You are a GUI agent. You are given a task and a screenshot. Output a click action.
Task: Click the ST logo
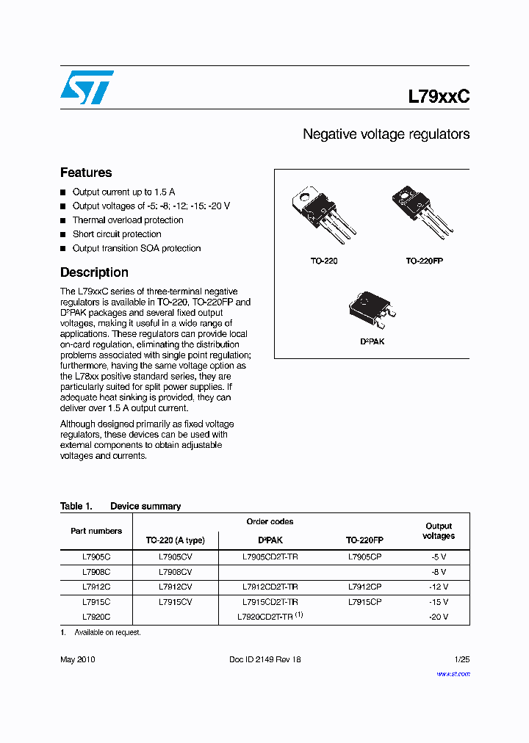tap(87, 87)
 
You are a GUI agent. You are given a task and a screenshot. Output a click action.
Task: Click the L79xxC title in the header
tap(438, 96)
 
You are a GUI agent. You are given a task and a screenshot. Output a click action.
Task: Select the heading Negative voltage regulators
tap(386, 134)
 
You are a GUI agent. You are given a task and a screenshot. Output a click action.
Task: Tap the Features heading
tap(86, 173)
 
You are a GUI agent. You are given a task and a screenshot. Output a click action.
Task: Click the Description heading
tap(94, 272)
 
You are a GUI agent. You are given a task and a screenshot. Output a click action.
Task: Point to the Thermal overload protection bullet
tap(127, 220)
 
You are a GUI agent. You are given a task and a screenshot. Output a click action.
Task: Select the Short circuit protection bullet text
tap(116, 234)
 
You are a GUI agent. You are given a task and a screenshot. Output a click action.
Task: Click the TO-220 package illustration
tap(323, 215)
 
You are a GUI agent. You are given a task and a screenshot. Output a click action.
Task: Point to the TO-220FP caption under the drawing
tap(424, 261)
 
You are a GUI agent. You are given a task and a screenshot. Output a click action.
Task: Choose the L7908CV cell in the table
tap(175, 571)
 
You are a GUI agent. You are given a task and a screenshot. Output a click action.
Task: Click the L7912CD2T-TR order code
tap(270, 587)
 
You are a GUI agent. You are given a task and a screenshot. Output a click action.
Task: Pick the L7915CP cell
tap(364, 601)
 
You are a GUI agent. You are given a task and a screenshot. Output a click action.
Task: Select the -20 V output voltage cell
tap(439, 617)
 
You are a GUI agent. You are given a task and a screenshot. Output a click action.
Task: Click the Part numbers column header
tap(96, 531)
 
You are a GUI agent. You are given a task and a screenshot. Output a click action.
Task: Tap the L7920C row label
tap(96, 617)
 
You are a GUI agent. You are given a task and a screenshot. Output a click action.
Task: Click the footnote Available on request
tap(107, 632)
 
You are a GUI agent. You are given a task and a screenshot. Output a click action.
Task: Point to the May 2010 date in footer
tap(77, 659)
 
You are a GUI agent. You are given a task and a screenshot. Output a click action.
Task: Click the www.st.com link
tap(453, 673)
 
